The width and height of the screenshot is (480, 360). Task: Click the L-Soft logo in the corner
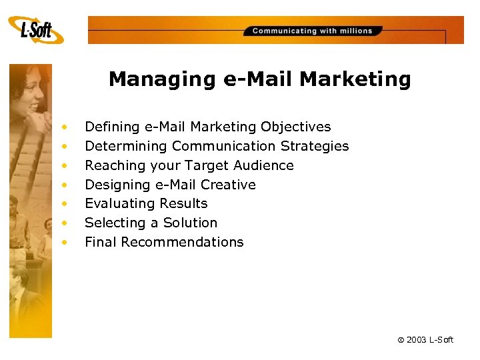coord(37,30)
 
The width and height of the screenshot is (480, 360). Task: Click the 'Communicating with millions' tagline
coord(312,31)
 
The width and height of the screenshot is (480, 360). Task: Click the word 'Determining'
coord(126,146)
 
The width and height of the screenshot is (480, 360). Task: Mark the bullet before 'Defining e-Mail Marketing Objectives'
coord(65,127)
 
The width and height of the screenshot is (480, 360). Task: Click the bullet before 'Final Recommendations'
coord(65,243)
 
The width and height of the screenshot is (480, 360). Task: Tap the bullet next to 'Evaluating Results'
coord(65,204)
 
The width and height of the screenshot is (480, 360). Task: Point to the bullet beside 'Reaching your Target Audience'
coord(65,165)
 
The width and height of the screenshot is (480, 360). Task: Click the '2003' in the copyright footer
coord(419,340)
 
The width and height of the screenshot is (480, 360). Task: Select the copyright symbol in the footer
coord(401,340)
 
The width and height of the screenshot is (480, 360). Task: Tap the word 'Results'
coord(184,203)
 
